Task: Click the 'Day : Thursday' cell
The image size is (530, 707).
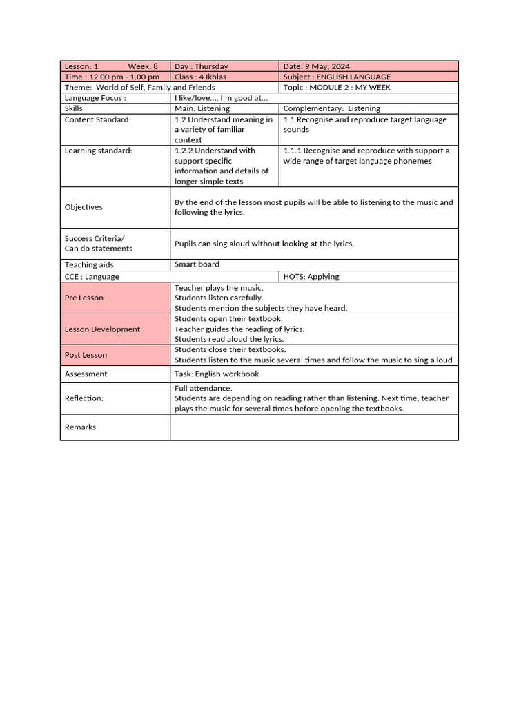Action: coord(202,66)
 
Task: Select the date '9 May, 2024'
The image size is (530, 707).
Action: coord(327,66)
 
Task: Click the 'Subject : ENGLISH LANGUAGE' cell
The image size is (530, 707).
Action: coord(337,77)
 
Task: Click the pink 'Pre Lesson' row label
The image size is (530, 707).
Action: coord(84,298)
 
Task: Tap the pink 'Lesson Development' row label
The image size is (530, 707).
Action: coord(102,329)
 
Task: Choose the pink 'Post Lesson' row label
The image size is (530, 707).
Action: coord(86,355)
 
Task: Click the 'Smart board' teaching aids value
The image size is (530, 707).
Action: coord(197,264)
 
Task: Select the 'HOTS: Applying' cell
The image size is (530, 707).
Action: coord(311,276)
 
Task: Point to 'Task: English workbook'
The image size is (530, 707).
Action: coord(217,374)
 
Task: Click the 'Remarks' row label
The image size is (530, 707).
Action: coord(80,427)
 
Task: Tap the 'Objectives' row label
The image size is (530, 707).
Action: coord(84,207)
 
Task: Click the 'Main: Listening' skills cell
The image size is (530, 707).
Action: coord(202,108)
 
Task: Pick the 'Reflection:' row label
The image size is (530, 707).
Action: coord(84,398)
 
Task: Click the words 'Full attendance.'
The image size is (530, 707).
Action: coord(204,388)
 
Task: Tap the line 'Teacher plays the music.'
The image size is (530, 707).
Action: coord(219,287)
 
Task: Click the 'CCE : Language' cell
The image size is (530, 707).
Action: coord(92,276)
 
